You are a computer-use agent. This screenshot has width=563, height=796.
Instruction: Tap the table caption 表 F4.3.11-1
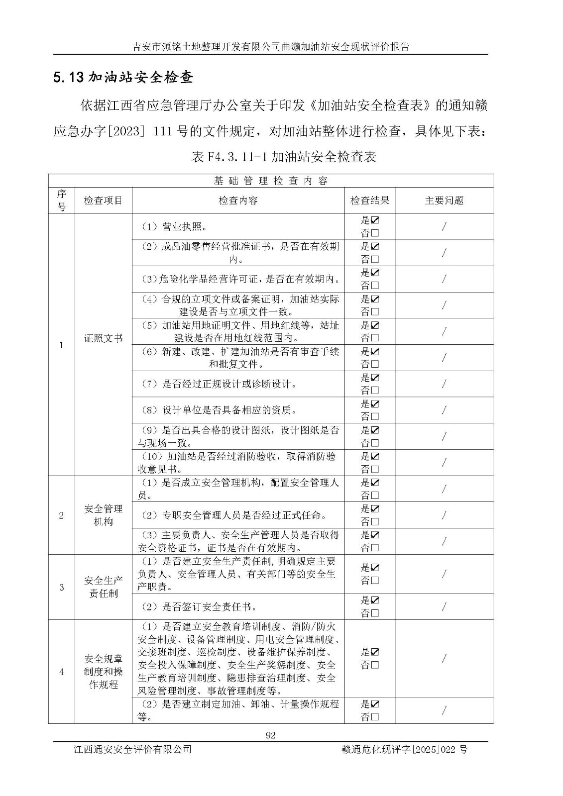pyautogui.click(x=283, y=157)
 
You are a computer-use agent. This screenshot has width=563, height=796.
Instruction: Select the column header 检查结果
pyautogui.click(x=370, y=200)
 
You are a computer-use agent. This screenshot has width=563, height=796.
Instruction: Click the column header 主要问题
pyautogui.click(x=444, y=200)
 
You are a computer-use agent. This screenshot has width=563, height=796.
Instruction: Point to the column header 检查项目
pyautogui.click(x=103, y=200)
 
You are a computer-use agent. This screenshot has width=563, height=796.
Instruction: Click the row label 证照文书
pyautogui.click(x=103, y=338)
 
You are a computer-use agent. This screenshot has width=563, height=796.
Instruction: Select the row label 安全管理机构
pyautogui.click(x=103, y=515)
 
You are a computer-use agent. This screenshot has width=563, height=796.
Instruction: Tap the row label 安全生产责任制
pyautogui.click(x=103, y=587)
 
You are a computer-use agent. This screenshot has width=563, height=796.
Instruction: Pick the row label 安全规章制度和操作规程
pyautogui.click(x=103, y=672)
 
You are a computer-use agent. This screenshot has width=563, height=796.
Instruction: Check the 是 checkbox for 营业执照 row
pyautogui.click(x=375, y=220)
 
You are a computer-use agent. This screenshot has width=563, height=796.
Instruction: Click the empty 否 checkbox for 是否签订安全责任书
pyautogui.click(x=375, y=613)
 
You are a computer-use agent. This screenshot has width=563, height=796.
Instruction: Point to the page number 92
pyautogui.click(x=271, y=736)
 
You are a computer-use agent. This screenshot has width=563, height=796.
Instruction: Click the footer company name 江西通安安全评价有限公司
pyautogui.click(x=132, y=749)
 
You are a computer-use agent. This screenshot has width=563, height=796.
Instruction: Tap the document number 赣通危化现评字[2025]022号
pyautogui.click(x=405, y=749)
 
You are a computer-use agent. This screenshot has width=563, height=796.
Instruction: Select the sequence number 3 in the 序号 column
pyautogui.click(x=62, y=587)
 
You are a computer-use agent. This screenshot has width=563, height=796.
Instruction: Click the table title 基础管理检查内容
pyautogui.click(x=271, y=181)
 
